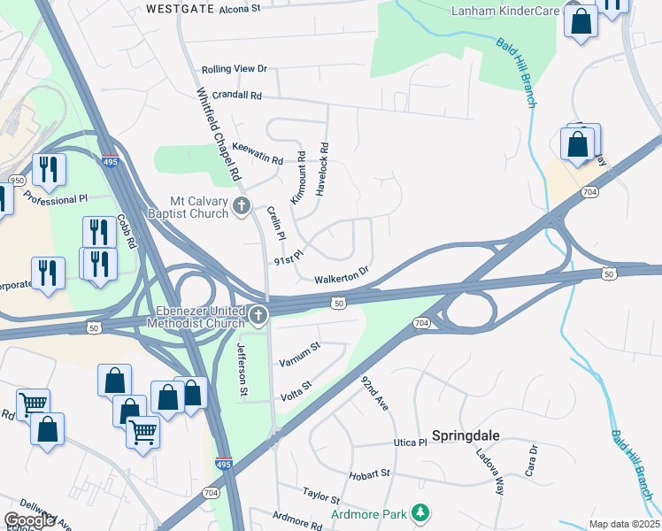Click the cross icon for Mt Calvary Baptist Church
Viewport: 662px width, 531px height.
coord(242,207)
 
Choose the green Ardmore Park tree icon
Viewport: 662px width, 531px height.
coord(422,513)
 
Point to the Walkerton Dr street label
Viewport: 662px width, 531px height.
coord(341,274)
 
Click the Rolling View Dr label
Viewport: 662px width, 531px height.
coord(234,69)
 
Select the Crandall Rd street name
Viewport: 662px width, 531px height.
coord(231,95)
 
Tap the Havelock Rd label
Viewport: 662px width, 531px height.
coord(324,158)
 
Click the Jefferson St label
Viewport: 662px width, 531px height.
coord(241,369)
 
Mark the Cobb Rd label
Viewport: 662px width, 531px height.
coord(126,233)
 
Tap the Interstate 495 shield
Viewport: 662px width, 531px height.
coord(224,464)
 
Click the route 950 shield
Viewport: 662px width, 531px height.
coord(17,181)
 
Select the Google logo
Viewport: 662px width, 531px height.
coord(29,520)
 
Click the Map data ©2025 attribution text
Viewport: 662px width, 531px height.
coord(625,524)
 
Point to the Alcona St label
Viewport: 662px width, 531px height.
coord(240,9)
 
